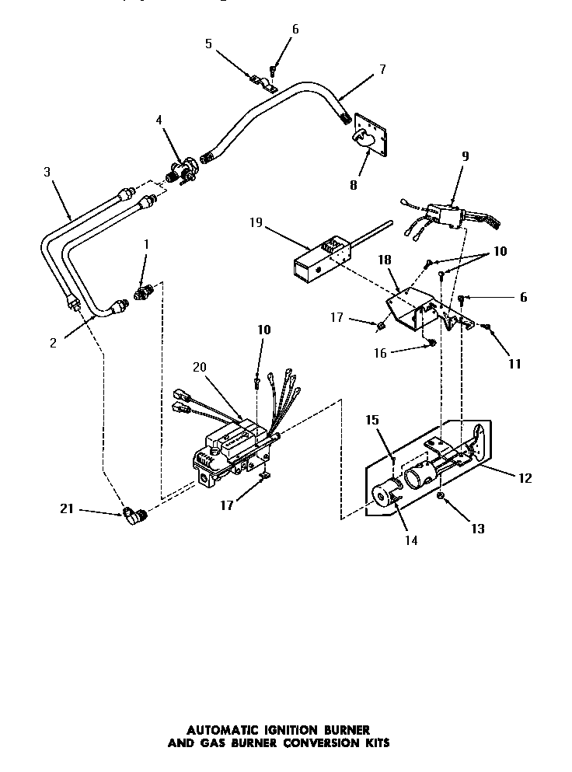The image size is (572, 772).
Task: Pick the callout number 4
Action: click(159, 120)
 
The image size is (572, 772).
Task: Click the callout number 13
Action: click(477, 529)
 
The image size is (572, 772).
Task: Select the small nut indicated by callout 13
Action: click(440, 495)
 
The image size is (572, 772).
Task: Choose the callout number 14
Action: click(411, 540)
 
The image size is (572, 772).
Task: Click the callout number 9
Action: click(465, 155)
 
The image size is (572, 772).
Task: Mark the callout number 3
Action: click(47, 172)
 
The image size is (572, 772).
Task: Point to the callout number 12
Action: click(525, 478)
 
